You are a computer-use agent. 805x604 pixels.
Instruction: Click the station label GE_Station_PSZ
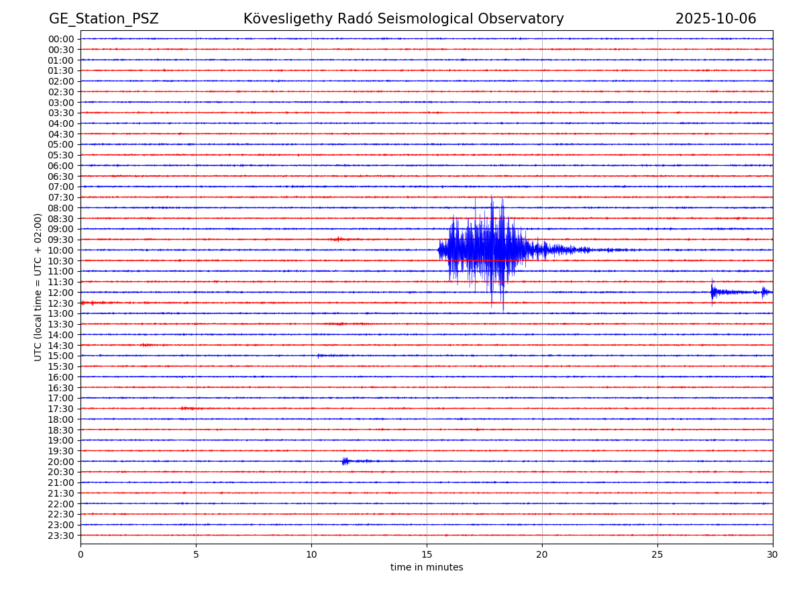point(103,19)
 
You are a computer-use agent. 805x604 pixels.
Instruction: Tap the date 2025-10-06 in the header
point(715,19)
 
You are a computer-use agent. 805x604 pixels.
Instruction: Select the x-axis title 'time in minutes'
point(427,568)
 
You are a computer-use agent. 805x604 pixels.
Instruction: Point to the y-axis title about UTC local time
point(38,287)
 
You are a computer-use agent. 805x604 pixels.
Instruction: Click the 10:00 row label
point(61,250)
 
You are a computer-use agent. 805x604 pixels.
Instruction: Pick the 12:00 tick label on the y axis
point(61,293)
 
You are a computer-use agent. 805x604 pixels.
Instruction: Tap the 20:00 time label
point(61,462)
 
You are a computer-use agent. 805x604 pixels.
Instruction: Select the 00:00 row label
point(61,39)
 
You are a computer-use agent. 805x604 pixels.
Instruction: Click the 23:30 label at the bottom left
point(61,536)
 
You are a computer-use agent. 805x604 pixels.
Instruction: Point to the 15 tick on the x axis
point(427,555)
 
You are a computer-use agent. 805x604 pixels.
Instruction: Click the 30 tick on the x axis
point(773,555)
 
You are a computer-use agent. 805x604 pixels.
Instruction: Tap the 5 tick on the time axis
point(196,555)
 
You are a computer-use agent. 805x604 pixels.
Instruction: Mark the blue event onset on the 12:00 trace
point(713,291)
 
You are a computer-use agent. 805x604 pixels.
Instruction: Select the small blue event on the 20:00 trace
point(345,461)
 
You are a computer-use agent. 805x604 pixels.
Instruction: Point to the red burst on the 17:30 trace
point(187,408)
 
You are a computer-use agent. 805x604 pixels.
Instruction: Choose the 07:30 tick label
point(61,197)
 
